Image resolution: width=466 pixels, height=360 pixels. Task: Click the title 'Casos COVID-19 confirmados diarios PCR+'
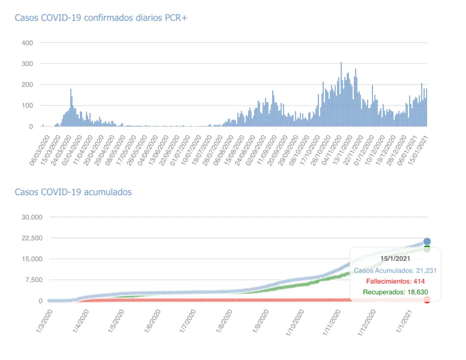101,18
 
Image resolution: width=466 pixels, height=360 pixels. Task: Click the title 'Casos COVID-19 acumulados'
73,192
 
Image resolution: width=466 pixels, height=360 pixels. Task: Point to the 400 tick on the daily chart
27,43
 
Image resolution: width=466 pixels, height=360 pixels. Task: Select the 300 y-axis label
27,64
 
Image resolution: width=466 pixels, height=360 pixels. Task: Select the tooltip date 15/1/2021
395,258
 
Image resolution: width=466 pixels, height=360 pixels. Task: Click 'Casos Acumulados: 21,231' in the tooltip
395,270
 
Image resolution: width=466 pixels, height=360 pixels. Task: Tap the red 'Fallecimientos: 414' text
395,281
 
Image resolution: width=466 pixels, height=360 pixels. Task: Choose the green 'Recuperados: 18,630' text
395,292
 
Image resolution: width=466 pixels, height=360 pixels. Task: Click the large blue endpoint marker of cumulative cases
427,242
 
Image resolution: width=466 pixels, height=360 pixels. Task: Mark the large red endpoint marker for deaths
427,299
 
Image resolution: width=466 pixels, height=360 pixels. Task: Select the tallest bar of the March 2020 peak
71,107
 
